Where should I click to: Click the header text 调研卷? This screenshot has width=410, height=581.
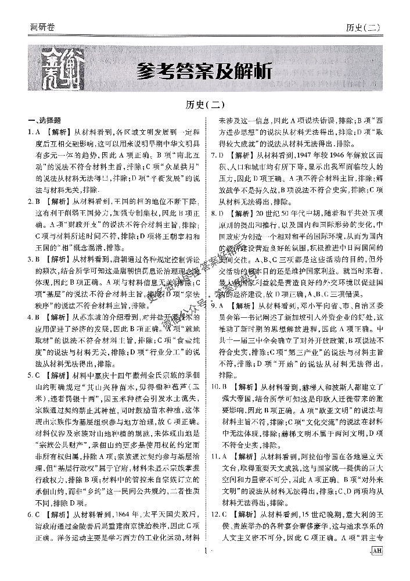point(44,27)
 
